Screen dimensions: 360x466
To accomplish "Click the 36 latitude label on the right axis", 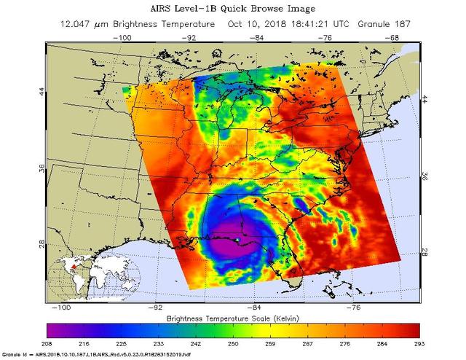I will click(x=424, y=176).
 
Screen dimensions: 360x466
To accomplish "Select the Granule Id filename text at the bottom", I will click(x=91, y=355).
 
